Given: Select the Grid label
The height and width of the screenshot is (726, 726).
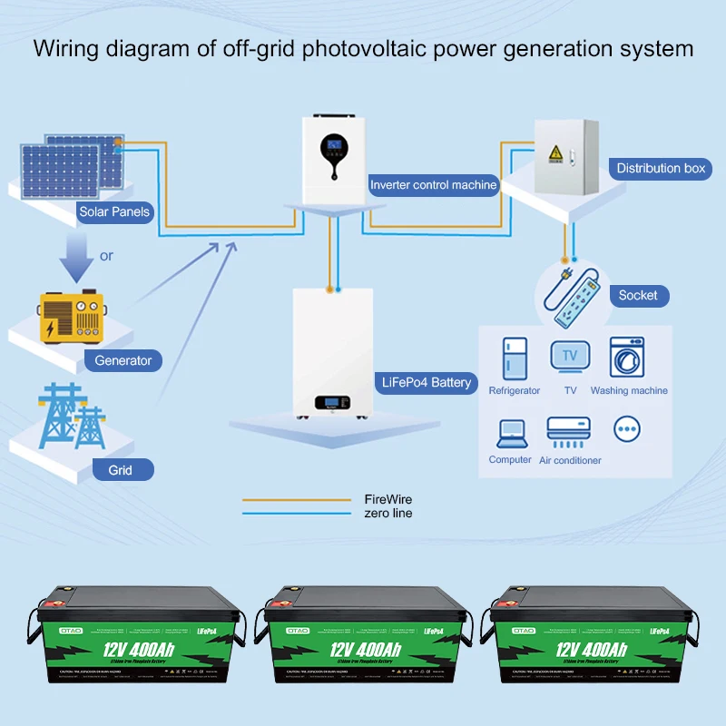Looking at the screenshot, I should (120, 470).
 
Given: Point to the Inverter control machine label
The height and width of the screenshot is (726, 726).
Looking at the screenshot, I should (434, 184).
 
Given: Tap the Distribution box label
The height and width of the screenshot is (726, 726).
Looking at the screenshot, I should (661, 168).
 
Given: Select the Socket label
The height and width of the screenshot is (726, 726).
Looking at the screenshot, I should (638, 295).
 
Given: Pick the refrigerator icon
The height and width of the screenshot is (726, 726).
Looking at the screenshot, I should (515, 358).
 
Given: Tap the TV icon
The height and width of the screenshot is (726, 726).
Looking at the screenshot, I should (570, 356).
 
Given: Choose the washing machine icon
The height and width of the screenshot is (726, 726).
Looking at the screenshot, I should (627, 358).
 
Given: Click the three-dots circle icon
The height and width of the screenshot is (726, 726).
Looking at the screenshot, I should (627, 428).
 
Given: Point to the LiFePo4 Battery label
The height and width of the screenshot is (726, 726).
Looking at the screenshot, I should (427, 382).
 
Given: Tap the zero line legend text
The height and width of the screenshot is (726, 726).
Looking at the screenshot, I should (388, 514).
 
